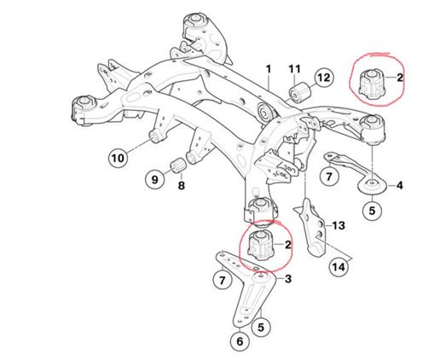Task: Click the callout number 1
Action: [269, 69]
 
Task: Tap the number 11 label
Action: [294, 69]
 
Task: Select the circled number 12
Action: [324, 78]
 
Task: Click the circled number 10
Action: [118, 158]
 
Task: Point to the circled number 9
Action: [154, 179]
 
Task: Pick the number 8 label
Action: [182, 186]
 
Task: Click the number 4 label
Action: [399, 186]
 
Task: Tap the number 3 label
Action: [288, 279]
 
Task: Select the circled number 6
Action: [240, 341]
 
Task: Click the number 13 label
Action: [339, 225]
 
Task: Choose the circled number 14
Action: [339, 267]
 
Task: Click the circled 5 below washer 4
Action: [372, 211]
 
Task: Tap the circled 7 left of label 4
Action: [329, 177]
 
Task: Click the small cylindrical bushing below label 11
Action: [300, 91]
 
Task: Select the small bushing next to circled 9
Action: [178, 165]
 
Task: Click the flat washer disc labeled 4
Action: [372, 186]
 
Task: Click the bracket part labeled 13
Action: [311, 228]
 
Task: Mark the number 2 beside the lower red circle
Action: [288, 245]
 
